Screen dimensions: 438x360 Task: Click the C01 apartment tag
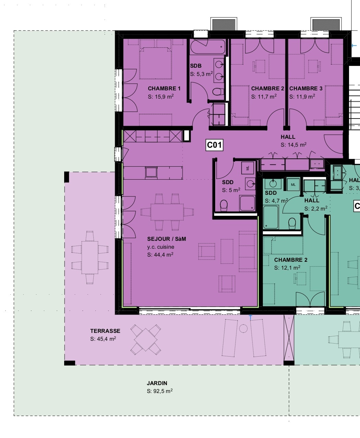pyautogui.click(x=214, y=145)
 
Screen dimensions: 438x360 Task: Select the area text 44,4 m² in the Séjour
pyautogui.click(x=160, y=255)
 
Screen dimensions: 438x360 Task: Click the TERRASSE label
pyautogui.click(x=105, y=331)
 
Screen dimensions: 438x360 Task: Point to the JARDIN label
pyautogui.click(x=157, y=383)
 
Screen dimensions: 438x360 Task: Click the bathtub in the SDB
pyautogui.click(x=208, y=47)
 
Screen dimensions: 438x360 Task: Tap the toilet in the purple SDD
pyautogui.click(x=223, y=205)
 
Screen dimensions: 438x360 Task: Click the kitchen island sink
pyautogui.click(x=151, y=171)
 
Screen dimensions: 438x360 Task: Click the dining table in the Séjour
pyautogui.click(x=167, y=212)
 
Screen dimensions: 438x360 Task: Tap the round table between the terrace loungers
pyautogui.click(x=243, y=329)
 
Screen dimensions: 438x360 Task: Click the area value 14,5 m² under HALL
pyautogui.click(x=294, y=145)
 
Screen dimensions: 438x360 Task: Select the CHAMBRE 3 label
pyautogui.click(x=306, y=89)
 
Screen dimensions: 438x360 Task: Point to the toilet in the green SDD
pyautogui.click(x=292, y=223)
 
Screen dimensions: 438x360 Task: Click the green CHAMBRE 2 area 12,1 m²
pyautogui.click(x=288, y=268)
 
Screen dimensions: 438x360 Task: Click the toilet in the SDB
pyautogui.click(x=217, y=92)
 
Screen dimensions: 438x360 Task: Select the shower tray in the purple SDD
pyautogui.click(x=247, y=203)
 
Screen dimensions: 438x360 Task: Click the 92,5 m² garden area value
pyautogui.click(x=160, y=391)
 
